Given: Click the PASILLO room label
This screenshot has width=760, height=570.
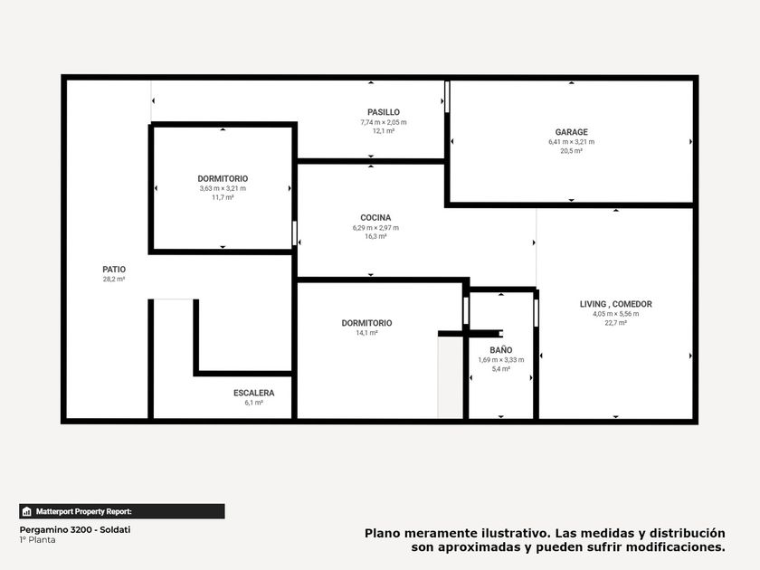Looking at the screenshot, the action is (384, 112).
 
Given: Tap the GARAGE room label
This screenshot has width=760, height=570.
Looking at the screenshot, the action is (572, 132).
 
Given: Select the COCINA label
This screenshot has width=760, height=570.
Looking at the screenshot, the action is (375, 218).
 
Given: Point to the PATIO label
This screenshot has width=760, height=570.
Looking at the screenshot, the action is (114, 270).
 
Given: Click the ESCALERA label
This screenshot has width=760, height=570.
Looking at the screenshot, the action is (254, 393).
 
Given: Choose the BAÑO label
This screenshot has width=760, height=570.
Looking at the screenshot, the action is (500, 349).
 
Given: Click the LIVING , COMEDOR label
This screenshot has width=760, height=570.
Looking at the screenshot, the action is (615, 304).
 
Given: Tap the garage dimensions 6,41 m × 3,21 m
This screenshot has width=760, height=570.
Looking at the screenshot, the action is (572, 142).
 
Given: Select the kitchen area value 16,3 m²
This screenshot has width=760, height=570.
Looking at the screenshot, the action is (375, 236).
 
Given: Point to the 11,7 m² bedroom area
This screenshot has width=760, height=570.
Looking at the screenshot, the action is (223, 197).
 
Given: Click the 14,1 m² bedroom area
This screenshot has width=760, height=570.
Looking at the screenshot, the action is (367, 333).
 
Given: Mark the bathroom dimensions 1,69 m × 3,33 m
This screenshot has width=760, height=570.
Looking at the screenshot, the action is (500, 360).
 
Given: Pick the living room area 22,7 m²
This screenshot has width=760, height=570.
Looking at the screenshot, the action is (615, 323).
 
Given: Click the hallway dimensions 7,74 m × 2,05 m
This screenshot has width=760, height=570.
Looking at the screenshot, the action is (384, 122).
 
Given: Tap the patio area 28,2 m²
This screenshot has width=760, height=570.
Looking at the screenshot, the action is (114, 280).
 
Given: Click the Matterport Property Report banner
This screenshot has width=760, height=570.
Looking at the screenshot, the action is (122, 511).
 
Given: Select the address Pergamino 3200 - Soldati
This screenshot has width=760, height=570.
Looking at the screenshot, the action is (75, 530).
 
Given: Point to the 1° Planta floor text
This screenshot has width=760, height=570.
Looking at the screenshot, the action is (37, 540).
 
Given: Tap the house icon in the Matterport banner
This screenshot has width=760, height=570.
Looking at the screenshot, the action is (26, 511).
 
